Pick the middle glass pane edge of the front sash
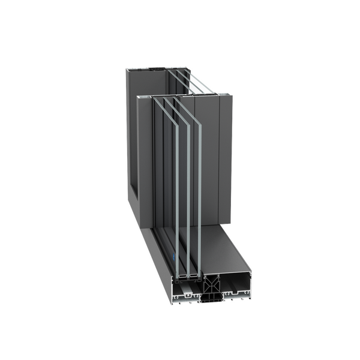pos(176,186)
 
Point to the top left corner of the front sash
pos(138,96)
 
